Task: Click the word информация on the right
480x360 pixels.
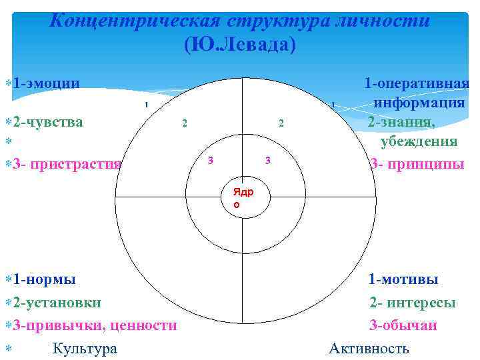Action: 419,103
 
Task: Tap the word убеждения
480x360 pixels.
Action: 419,141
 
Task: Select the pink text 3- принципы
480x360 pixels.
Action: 417,163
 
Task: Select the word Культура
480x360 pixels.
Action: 85,348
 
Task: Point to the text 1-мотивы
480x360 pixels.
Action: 403,279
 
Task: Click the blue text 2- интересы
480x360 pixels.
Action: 413,302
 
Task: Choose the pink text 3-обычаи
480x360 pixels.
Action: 403,325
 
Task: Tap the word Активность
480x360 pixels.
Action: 369,348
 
